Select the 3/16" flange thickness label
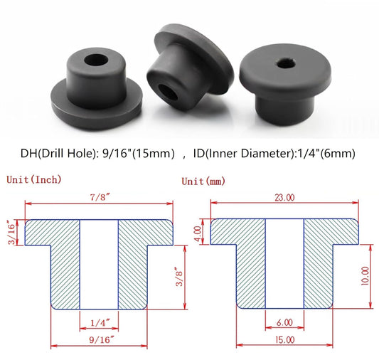pyautogui.click(x=11, y=232)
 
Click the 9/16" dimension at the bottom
pyautogui.click(x=98, y=339)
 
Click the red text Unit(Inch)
pyautogui.click(x=33, y=179)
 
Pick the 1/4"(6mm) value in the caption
pyautogui.click(x=325, y=153)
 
